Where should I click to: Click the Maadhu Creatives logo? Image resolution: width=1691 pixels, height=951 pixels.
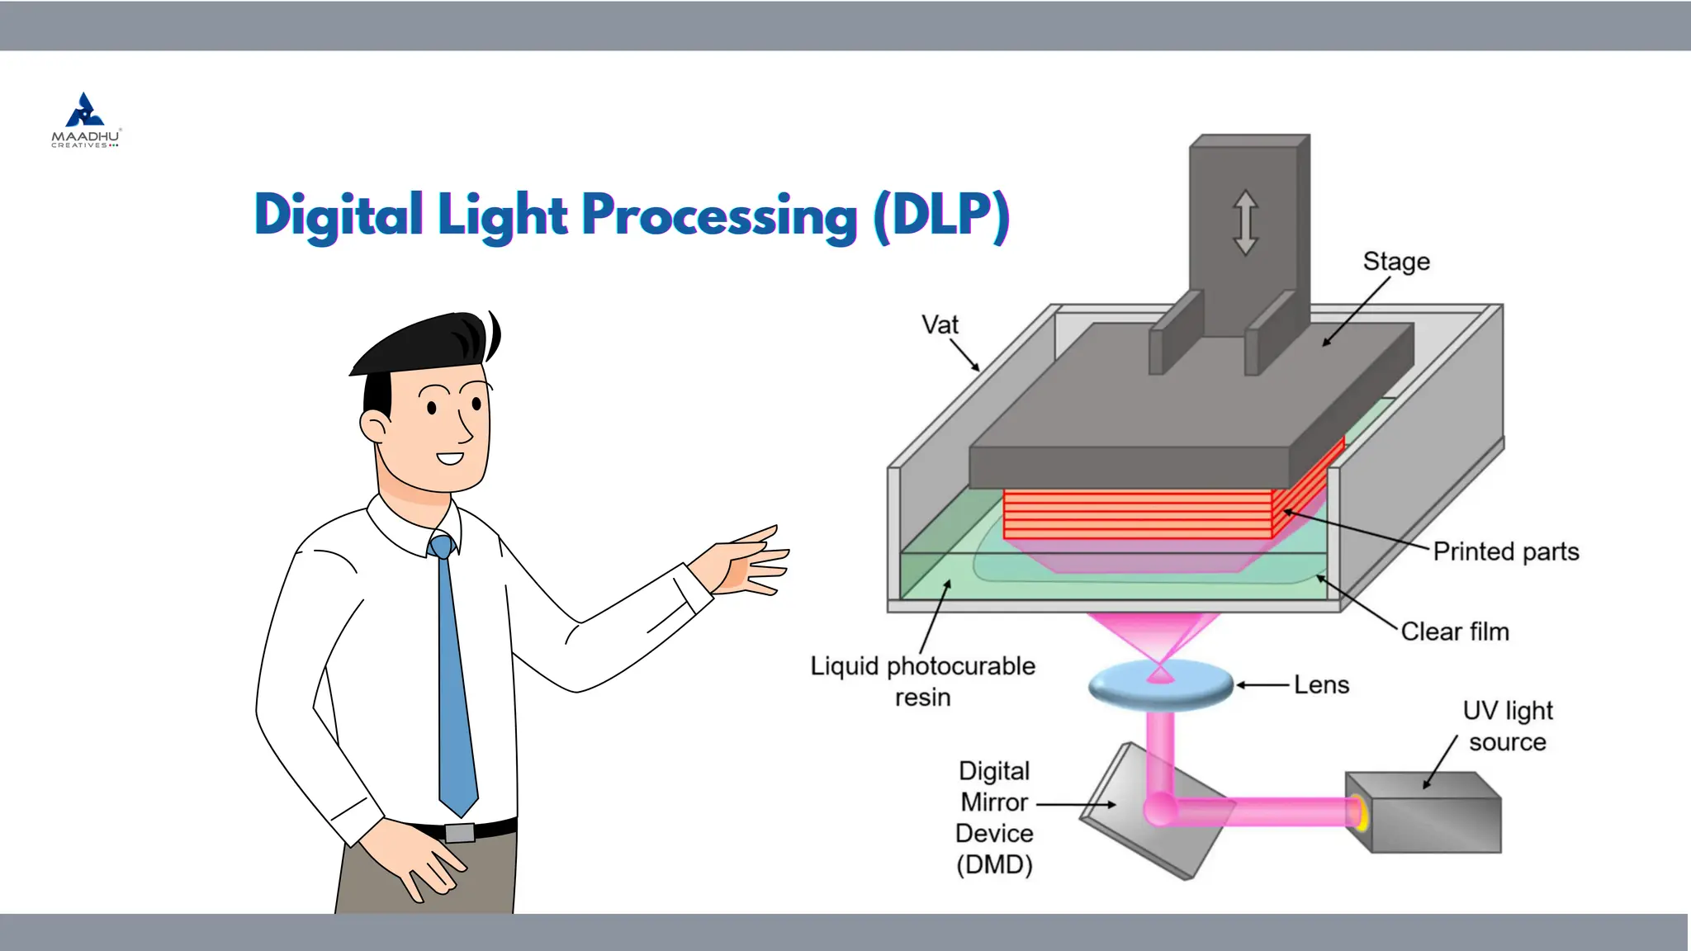click(86, 121)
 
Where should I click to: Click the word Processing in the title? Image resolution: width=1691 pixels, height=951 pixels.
click(719, 215)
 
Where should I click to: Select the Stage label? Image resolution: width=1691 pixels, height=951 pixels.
click(1396, 262)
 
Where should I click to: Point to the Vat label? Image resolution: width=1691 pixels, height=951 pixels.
click(940, 325)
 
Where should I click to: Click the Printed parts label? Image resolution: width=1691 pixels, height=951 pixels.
click(1505, 551)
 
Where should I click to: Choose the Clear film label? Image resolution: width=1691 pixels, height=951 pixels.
click(1455, 632)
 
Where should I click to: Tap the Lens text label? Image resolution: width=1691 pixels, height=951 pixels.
click(1321, 685)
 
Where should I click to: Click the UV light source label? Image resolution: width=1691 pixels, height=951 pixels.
click(1508, 726)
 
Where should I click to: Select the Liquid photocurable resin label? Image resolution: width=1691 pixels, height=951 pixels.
click(922, 681)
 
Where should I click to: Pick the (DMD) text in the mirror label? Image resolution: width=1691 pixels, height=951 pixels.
click(994, 865)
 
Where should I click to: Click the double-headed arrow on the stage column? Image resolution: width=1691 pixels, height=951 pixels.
click(1245, 222)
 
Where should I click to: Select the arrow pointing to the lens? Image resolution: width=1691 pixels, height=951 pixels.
click(1262, 685)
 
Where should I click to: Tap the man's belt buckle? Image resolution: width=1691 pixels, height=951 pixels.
click(460, 832)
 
